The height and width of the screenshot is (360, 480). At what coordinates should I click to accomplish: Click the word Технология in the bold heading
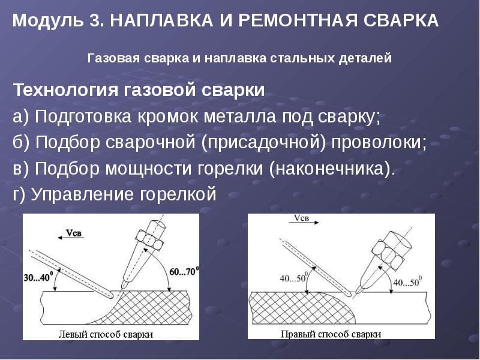[67, 91]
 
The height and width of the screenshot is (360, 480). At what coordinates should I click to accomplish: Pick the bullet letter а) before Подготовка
[21, 117]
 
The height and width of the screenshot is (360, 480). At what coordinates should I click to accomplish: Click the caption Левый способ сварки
[105, 334]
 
